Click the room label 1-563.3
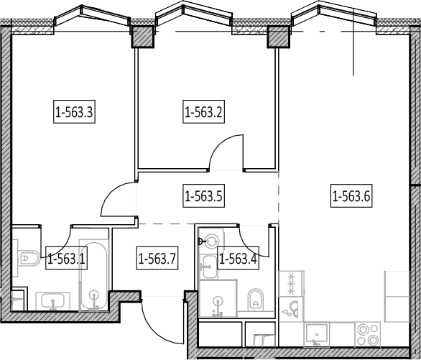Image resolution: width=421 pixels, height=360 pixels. tap(75, 111)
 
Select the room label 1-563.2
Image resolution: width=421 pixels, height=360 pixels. tap(203, 111)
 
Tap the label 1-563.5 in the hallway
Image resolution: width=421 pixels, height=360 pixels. tap(203, 195)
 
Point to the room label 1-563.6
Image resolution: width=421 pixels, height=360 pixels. tap(351, 195)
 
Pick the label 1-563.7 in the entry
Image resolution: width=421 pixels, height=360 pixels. tap(157, 258)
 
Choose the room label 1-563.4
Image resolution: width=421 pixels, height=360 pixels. tap(239, 258)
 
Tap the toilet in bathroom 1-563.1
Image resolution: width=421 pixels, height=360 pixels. tap(29, 258)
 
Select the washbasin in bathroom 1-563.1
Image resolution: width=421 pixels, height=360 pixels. tap(53, 301)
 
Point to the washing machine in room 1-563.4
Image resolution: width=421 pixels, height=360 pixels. tap(211, 241)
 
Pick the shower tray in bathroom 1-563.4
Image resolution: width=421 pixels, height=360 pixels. tap(218, 298)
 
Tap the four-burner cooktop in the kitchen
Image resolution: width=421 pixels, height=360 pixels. tap(368, 335)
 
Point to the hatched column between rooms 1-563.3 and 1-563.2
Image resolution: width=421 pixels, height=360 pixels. tap(142, 37)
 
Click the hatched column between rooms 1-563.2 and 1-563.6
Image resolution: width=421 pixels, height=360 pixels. tap(279, 37)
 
